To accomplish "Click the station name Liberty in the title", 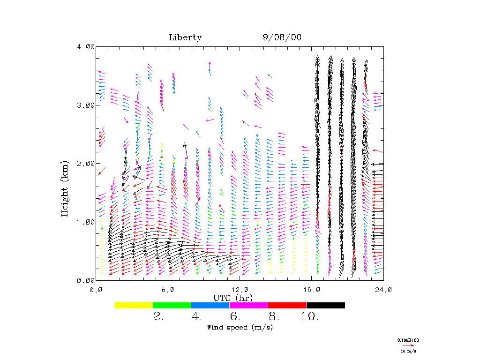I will point(185,38).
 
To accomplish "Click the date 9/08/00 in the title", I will point(282,38).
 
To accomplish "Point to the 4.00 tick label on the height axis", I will point(85,46).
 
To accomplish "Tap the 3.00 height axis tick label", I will point(85,105).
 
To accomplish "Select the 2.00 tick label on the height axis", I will point(85,163).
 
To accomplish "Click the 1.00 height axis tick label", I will point(85,222).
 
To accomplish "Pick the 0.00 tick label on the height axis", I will point(85,280).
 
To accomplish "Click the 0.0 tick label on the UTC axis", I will point(96,290).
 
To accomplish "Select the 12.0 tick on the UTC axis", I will point(240,290).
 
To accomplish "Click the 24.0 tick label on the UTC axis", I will point(383,290).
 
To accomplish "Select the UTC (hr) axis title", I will point(233,298).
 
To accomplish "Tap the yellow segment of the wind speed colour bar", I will point(134,305).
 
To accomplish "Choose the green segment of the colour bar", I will point(172,305).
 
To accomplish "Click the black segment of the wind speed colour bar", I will point(326,305).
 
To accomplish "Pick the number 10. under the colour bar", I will point(310,317).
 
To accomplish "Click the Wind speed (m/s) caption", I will point(240,327).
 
